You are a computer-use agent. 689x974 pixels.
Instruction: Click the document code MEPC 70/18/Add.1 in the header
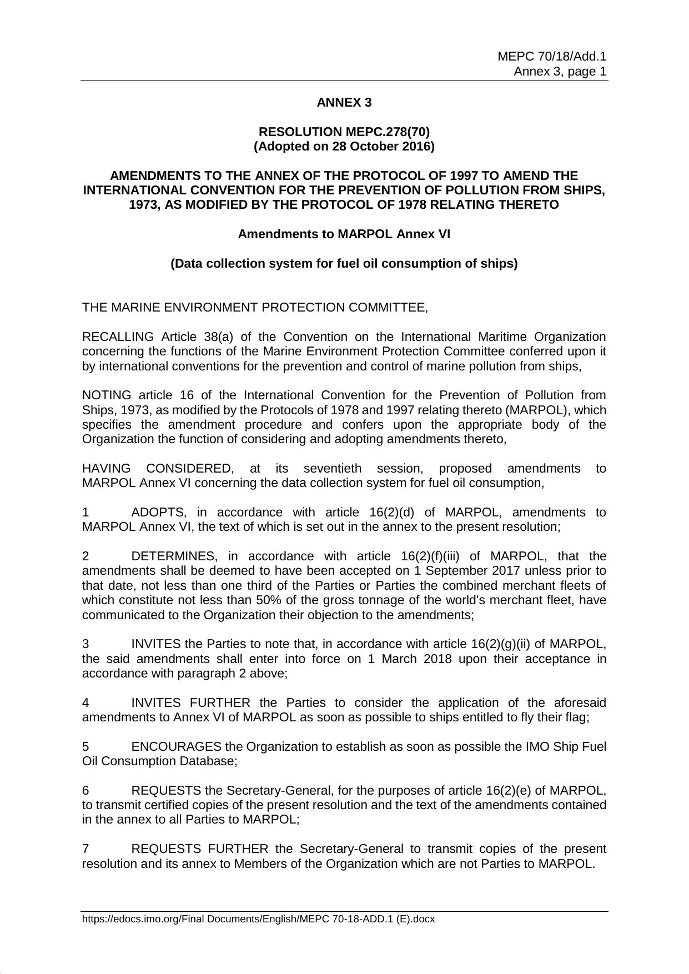point(551,56)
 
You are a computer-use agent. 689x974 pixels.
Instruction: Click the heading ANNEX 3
point(344,103)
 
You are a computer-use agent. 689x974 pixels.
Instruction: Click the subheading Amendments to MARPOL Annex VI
point(344,234)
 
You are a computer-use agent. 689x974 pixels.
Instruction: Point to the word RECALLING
point(118,337)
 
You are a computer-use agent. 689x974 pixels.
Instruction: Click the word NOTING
point(107,395)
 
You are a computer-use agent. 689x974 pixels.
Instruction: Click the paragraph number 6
point(86,791)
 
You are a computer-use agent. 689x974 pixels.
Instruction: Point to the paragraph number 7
point(86,849)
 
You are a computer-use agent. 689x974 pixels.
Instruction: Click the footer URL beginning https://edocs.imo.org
point(258,919)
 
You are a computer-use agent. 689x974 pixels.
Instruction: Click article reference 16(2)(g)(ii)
point(500,644)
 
